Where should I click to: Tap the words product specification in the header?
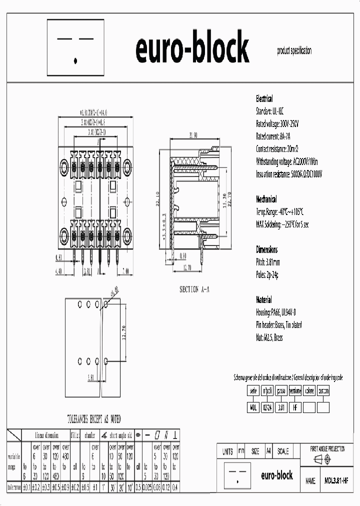pyautogui.click(x=294, y=50)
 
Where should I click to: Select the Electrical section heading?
pyautogui.click(x=264, y=98)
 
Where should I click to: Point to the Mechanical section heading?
pyautogui.click(x=266, y=199)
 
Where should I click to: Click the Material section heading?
pyautogui.click(x=264, y=300)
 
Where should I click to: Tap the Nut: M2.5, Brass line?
pyautogui.click(x=269, y=338)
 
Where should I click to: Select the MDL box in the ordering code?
pyautogui.click(x=253, y=407)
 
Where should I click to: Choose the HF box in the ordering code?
pyautogui.click(x=295, y=407)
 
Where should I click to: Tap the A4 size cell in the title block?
pyautogui.click(x=268, y=451)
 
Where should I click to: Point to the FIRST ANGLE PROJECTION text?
pyautogui.click(x=327, y=449)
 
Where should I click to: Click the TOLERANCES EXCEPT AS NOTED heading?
pyautogui.click(x=94, y=419)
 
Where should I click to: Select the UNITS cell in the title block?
pyautogui.click(x=227, y=451)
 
